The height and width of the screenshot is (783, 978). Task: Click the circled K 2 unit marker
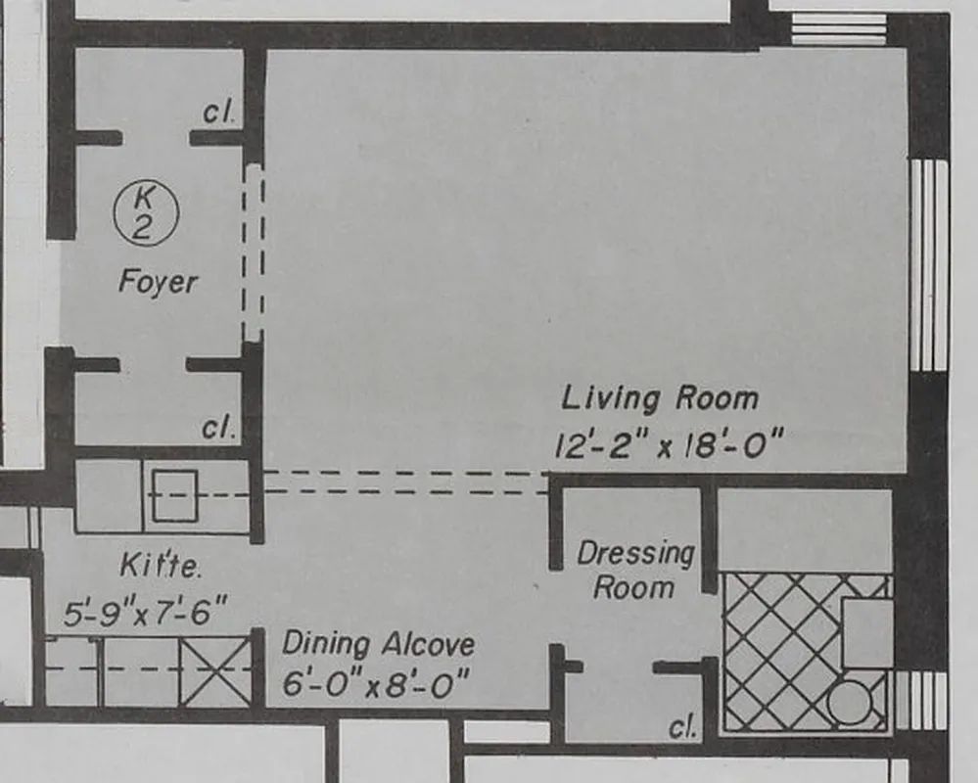point(146,214)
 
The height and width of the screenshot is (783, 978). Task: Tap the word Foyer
point(158,282)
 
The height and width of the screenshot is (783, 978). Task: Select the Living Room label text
point(660,398)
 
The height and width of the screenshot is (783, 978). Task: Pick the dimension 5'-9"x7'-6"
point(146,614)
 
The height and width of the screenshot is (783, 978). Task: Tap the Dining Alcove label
point(378,644)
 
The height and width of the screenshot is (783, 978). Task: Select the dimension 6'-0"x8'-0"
point(369,684)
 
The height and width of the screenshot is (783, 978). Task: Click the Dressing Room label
point(635,570)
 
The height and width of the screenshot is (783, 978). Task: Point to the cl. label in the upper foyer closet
point(218,113)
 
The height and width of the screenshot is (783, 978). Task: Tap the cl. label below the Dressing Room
point(682,726)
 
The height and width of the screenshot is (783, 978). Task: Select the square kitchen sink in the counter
point(174,495)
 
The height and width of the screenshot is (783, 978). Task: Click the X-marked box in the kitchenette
point(215,670)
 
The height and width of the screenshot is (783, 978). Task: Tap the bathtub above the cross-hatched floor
point(805,530)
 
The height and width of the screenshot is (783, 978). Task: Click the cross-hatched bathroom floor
point(778,651)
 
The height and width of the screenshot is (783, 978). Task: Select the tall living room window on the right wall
point(928,264)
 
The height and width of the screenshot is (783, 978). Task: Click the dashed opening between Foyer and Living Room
point(254,253)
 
